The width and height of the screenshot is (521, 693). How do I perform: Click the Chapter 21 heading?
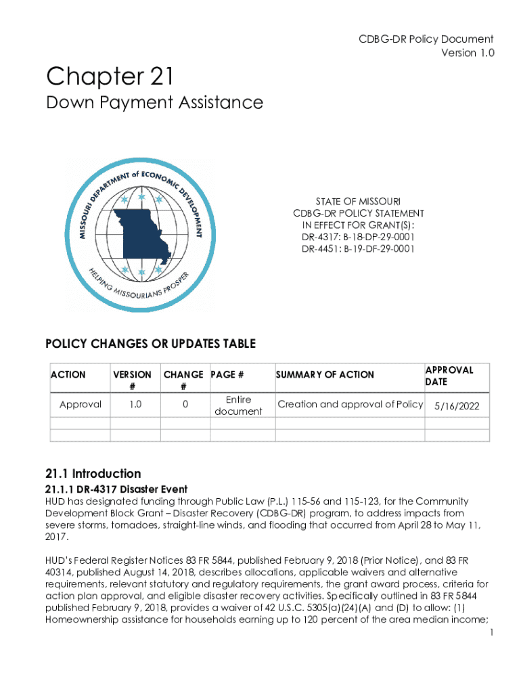110,76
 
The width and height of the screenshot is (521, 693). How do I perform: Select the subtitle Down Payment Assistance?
154,103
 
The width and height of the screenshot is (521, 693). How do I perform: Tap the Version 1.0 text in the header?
468,53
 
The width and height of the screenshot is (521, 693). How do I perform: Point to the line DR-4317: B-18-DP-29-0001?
359,237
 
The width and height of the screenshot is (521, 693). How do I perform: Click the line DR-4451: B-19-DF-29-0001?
359,249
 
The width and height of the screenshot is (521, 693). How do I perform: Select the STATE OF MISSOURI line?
359,202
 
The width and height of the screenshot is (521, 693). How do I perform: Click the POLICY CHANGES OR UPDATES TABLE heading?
150,344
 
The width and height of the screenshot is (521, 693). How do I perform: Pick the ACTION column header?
68,374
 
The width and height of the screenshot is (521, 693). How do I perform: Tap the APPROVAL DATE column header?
449,376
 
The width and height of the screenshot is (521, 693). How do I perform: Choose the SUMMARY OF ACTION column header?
325,374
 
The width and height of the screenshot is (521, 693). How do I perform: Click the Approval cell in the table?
81,405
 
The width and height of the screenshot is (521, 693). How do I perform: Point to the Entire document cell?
238,405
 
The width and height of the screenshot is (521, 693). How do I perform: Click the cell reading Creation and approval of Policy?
350,405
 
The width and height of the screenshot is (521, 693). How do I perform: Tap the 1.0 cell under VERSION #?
135,405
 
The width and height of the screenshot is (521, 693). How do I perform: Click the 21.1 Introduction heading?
93,474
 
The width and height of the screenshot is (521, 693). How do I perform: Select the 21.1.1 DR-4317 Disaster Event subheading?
116,489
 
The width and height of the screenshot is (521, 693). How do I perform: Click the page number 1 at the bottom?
491,633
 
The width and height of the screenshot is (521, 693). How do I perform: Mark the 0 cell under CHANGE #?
183,405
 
